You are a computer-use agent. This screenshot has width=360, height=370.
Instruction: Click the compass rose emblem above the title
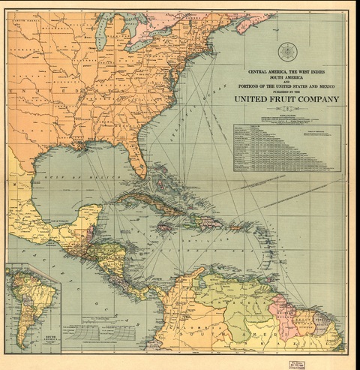(287, 52)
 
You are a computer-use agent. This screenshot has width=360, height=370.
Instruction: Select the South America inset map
(33, 305)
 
